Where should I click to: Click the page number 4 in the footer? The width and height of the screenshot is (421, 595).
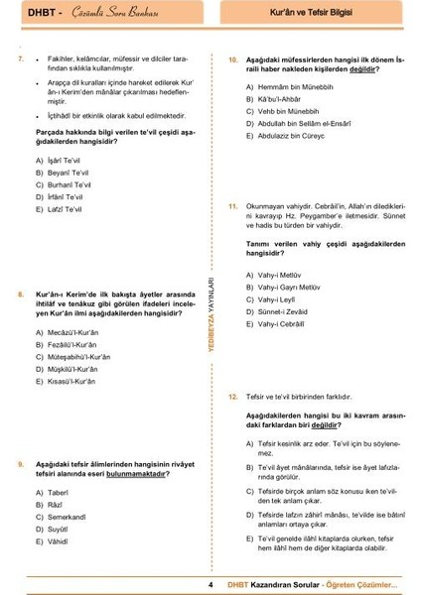[211, 583]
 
